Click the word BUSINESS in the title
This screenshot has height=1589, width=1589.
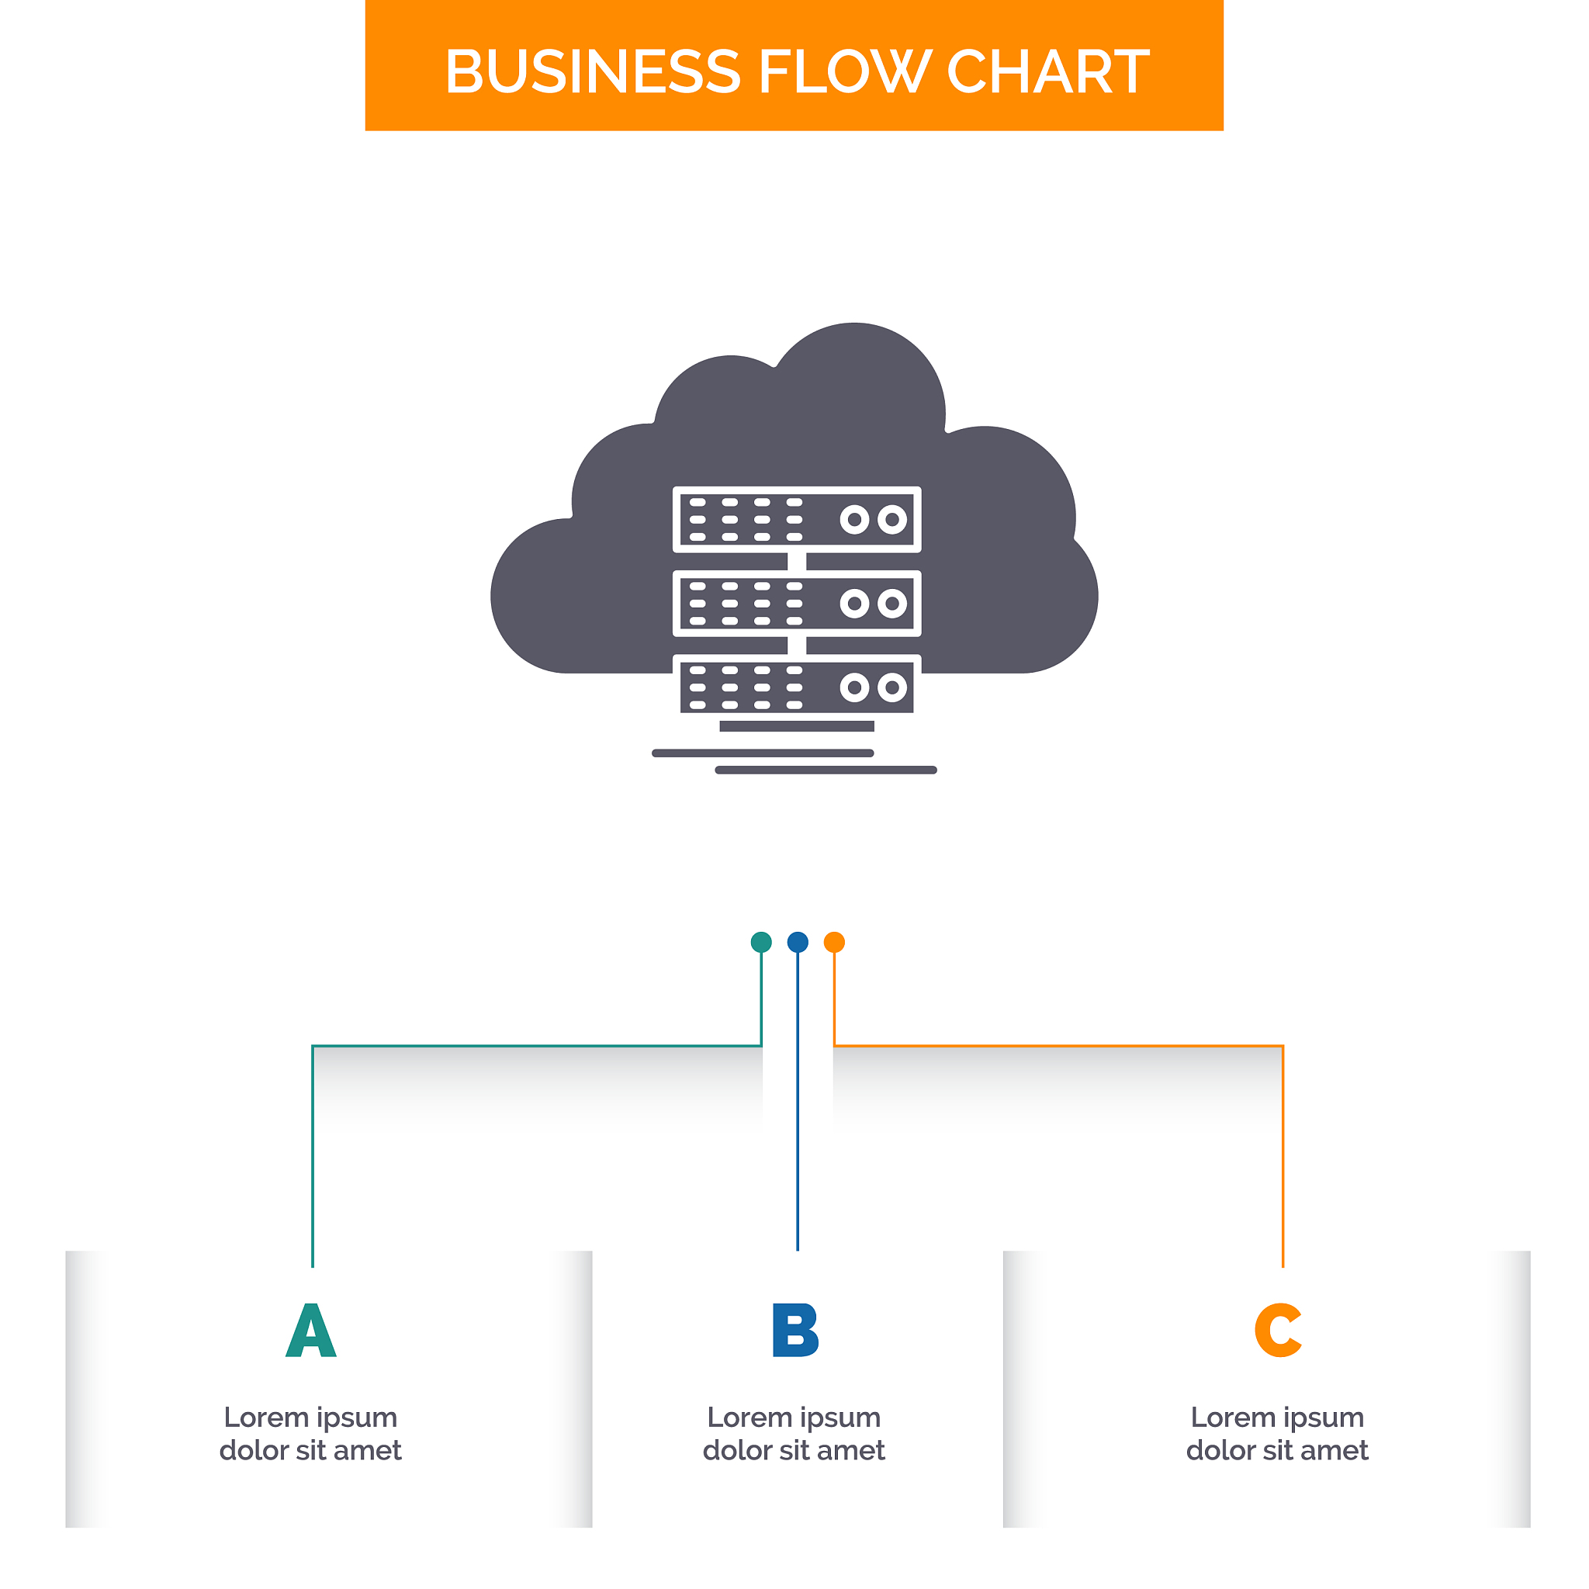click(592, 71)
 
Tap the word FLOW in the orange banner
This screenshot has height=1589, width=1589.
click(844, 71)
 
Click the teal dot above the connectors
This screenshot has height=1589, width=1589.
click(762, 943)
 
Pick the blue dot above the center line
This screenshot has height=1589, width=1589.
click(798, 943)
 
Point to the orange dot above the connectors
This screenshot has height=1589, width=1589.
click(834, 943)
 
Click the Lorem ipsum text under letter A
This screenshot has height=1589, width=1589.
click(311, 1434)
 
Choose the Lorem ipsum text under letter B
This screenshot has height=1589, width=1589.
click(794, 1434)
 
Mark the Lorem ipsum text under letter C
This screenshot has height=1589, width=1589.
click(1277, 1434)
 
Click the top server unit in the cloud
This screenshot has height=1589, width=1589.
click(797, 520)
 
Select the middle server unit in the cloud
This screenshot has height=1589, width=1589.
click(797, 604)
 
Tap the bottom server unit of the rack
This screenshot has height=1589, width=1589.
click(797, 687)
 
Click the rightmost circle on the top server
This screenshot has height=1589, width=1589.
click(892, 520)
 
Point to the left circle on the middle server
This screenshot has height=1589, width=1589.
click(854, 604)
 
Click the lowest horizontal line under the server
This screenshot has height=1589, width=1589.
click(826, 770)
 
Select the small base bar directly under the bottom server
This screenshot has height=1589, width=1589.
click(797, 726)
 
